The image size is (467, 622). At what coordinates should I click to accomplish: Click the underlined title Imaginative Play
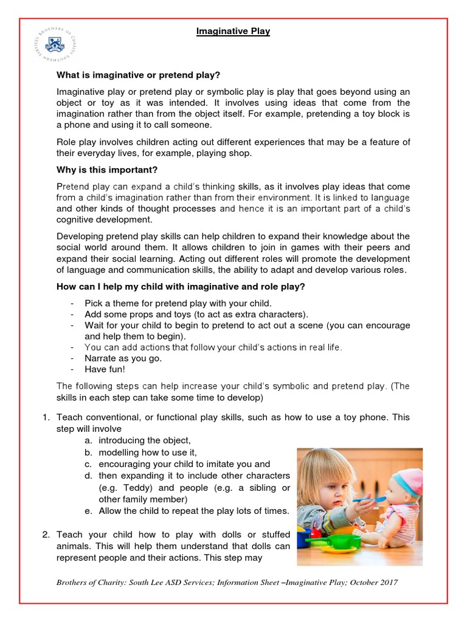point(233,32)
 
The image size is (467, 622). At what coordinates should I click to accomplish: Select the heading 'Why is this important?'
point(106,169)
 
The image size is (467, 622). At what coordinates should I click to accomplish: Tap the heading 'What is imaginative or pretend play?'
point(138,75)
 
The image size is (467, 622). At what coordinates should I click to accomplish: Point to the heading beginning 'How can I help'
point(181,287)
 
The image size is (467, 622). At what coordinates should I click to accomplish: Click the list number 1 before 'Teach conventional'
point(45,417)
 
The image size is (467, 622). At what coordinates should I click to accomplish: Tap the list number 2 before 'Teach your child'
point(45,535)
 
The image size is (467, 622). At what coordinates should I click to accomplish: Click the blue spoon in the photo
point(373,500)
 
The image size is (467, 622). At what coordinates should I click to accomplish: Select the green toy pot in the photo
point(324,538)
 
